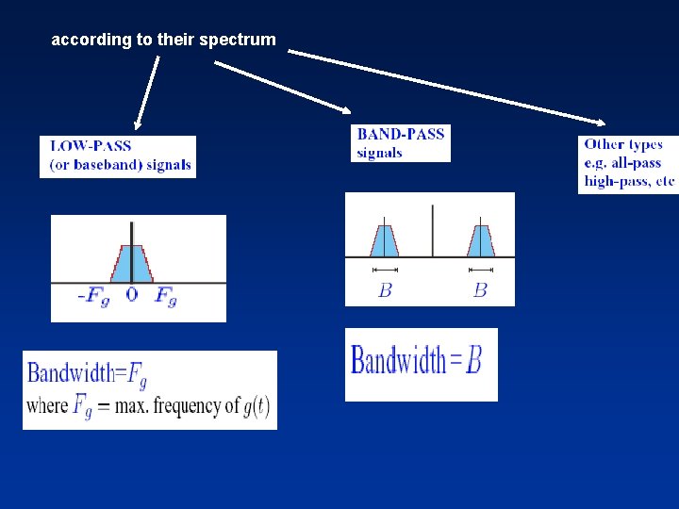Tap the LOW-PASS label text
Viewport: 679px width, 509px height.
[x=91, y=146]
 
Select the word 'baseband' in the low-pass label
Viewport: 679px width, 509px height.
[x=103, y=165]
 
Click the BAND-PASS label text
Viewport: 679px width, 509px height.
[x=400, y=134]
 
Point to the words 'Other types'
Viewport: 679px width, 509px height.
[x=623, y=144]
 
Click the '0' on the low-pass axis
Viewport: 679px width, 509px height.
[x=131, y=296]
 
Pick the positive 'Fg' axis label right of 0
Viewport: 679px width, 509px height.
[x=166, y=297]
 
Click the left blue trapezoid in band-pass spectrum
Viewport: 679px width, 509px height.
[x=385, y=239]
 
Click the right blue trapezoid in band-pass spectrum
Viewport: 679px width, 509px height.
[x=480, y=239]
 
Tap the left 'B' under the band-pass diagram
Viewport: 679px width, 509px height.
[x=385, y=290]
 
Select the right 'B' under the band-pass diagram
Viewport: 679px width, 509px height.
[x=480, y=290]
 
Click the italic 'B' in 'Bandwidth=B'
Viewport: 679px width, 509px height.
[x=474, y=360]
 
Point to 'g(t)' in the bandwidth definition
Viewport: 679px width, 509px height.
[x=256, y=406]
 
